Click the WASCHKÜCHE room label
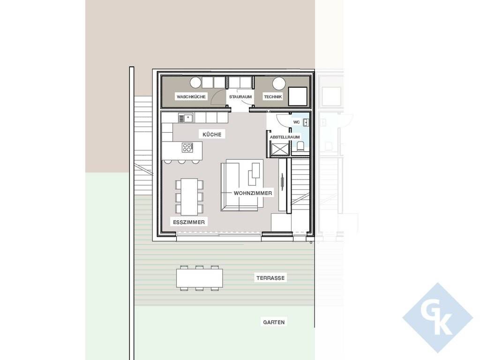(x=191, y=97)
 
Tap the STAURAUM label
(x=240, y=97)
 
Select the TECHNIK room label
(x=273, y=97)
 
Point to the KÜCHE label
(x=212, y=135)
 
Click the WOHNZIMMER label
(x=253, y=193)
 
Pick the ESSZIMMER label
(x=189, y=222)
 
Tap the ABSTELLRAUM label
(x=285, y=137)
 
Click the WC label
(x=296, y=122)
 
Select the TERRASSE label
(x=270, y=278)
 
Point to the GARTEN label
(x=274, y=322)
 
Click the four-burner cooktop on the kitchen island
(x=187, y=148)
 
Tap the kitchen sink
(x=186, y=118)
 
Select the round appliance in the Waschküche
(x=195, y=82)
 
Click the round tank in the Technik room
(x=279, y=83)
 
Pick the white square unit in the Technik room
(x=298, y=97)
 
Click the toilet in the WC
(x=300, y=147)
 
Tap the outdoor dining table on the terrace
(x=199, y=278)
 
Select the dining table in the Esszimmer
(x=189, y=197)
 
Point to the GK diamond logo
(x=438, y=318)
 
